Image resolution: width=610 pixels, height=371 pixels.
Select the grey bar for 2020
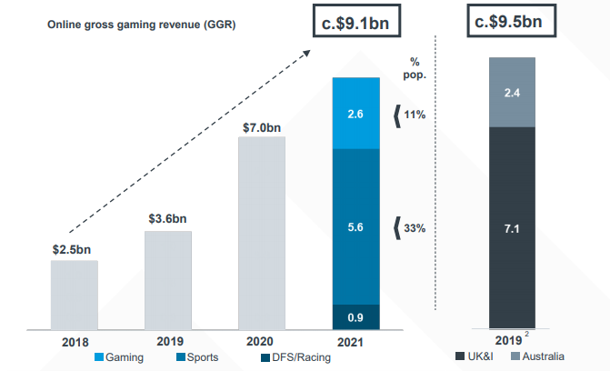pos(262,232)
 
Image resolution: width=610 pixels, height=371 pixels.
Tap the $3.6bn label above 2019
pos(168,219)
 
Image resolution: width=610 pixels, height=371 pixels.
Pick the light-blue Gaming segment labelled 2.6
pos(355,113)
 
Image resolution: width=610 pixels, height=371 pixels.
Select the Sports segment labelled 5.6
pos(355,226)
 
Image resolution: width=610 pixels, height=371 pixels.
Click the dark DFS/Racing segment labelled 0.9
pos(355,316)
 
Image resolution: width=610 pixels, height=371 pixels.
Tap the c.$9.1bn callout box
pos(355,23)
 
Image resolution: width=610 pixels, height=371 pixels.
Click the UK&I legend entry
pos(481,356)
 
